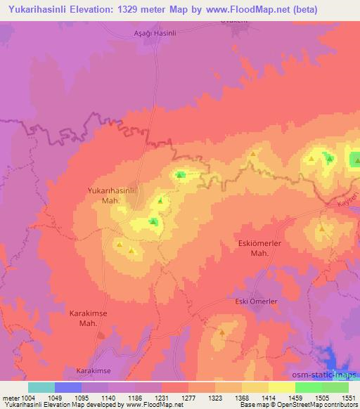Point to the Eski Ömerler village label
(x=257, y=301)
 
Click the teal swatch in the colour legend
(x=41, y=387)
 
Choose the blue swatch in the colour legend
(x=68, y=387)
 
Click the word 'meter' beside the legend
(x=9, y=397)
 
